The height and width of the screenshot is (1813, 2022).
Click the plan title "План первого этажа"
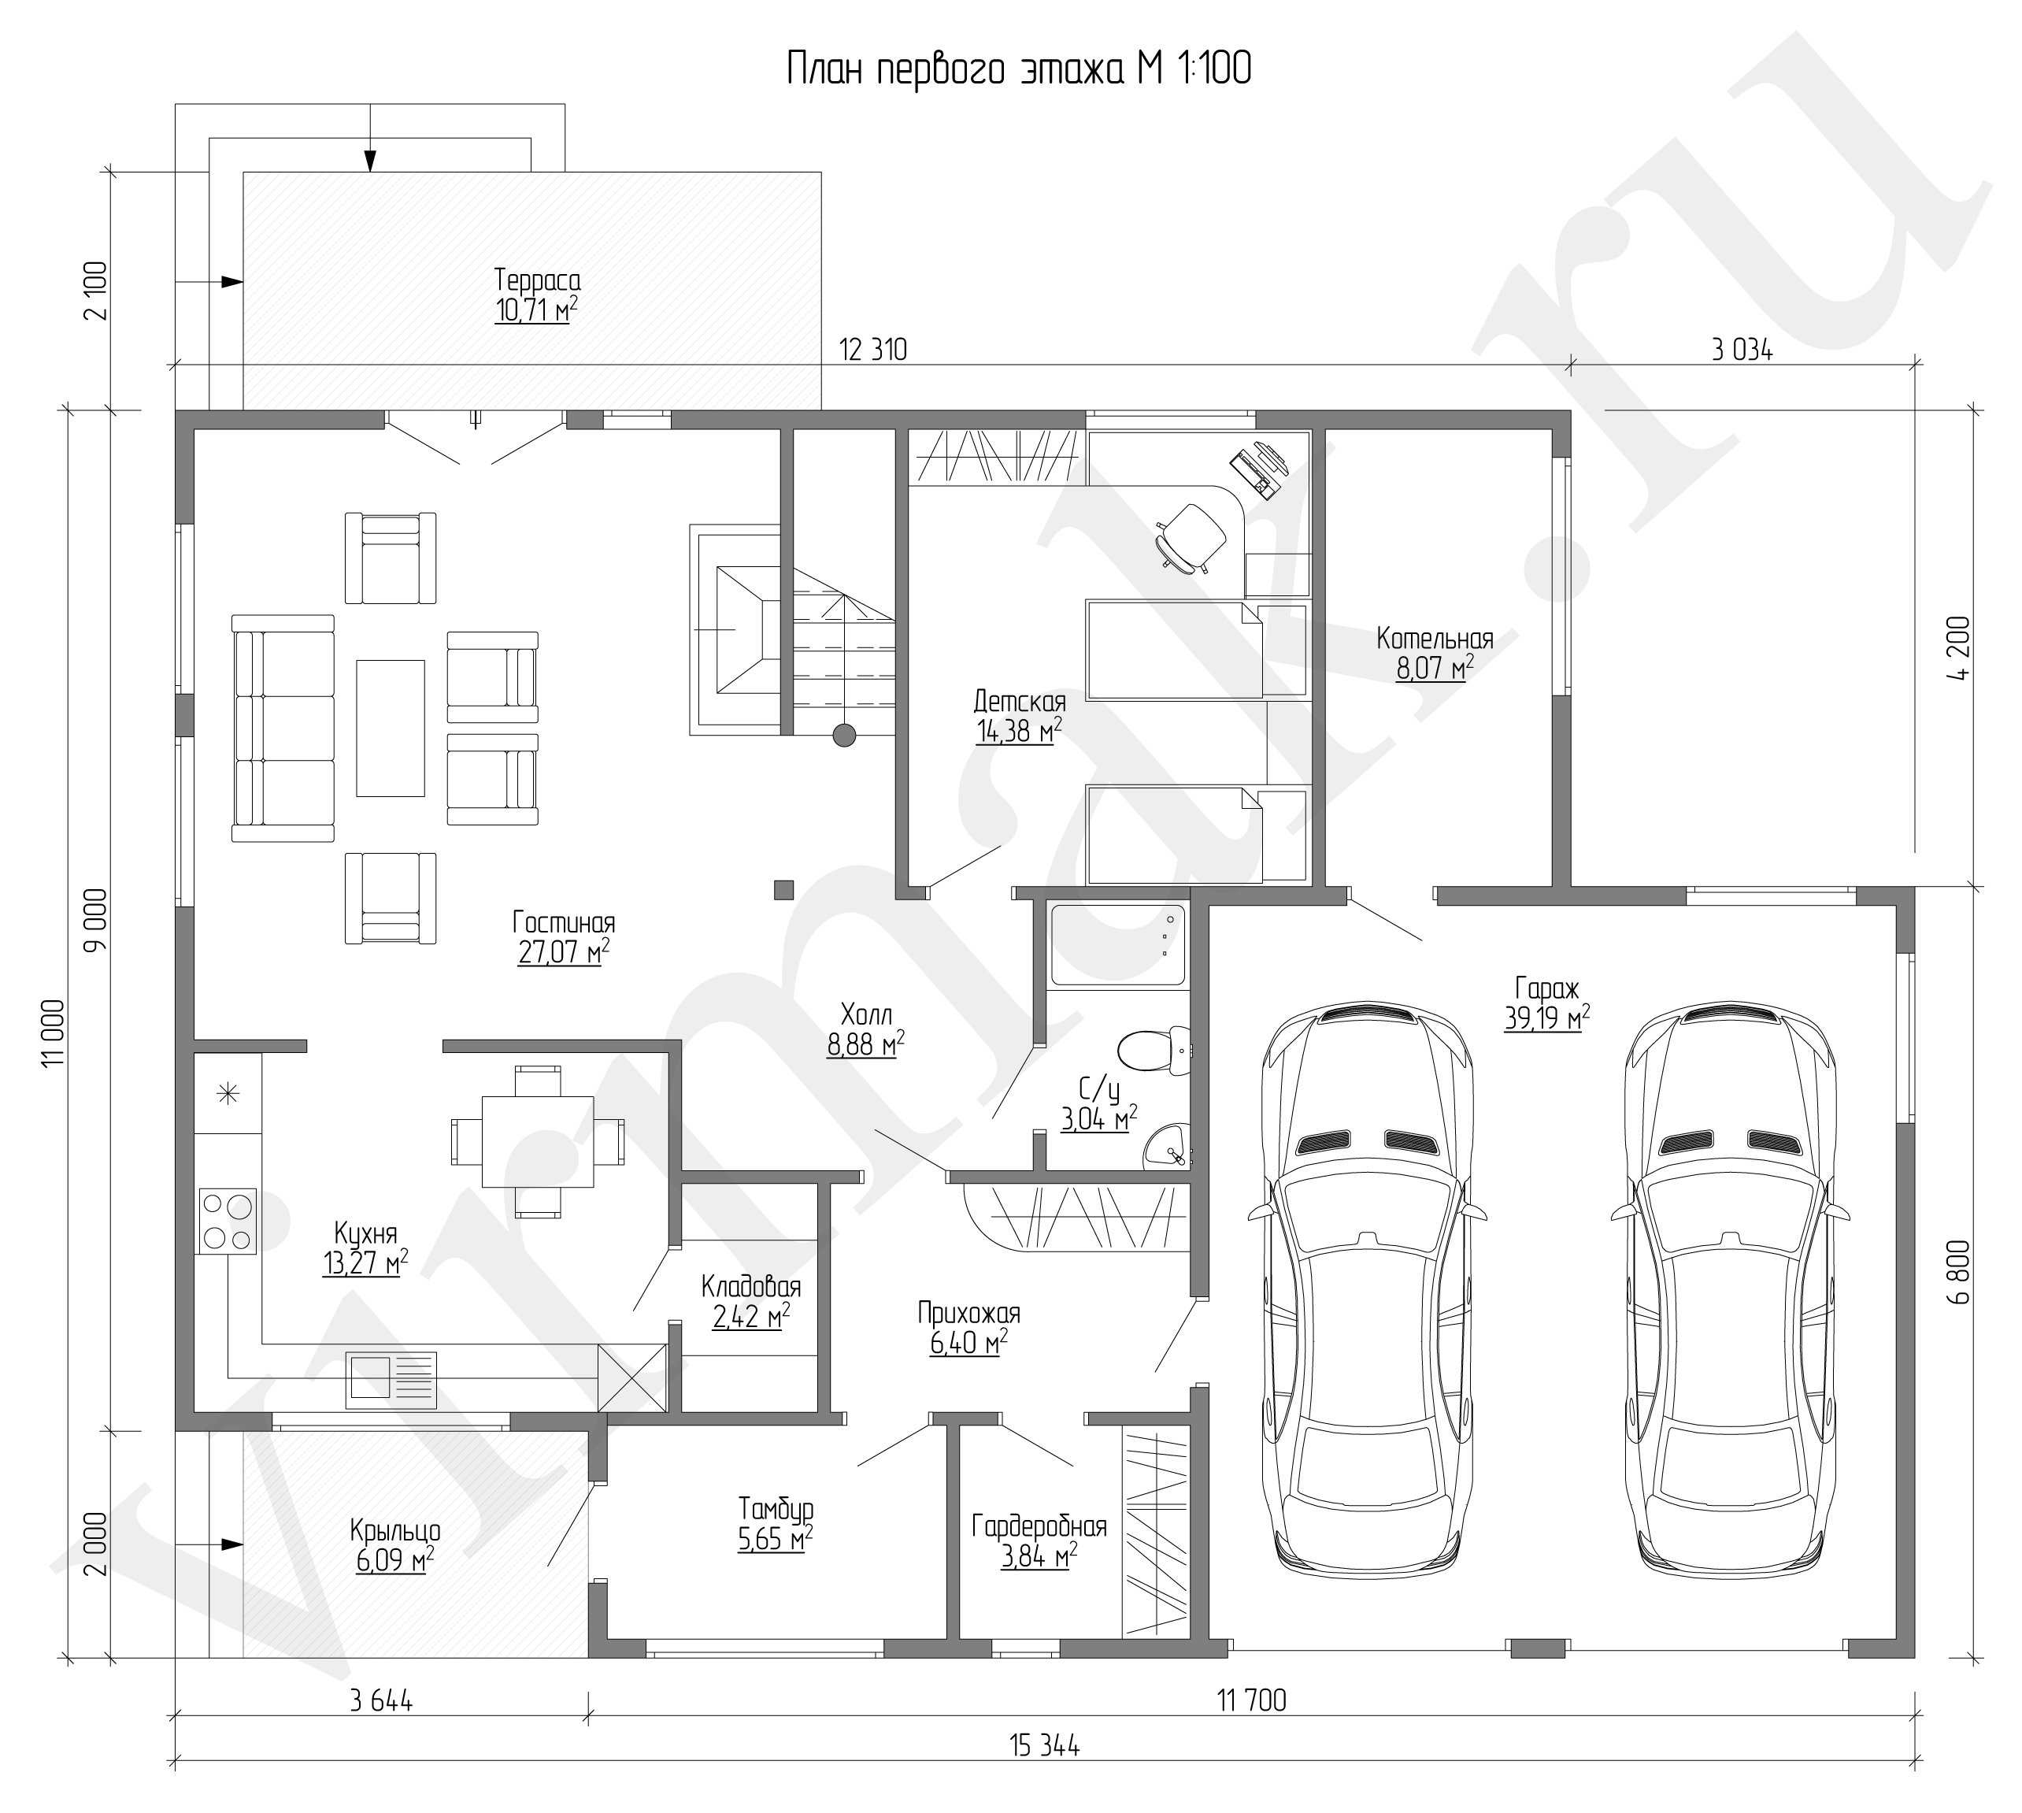pos(956,70)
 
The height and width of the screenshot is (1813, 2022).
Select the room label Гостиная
pos(564,921)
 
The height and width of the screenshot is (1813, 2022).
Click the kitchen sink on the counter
pos(391,1379)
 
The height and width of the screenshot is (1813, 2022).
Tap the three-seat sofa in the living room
pos(283,729)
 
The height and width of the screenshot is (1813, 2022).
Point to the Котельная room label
pos(1435,637)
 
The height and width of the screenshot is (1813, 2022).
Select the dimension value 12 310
pos(873,350)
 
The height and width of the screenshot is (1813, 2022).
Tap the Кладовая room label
pos(751,1286)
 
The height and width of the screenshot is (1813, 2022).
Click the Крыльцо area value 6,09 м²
pos(395,1560)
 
